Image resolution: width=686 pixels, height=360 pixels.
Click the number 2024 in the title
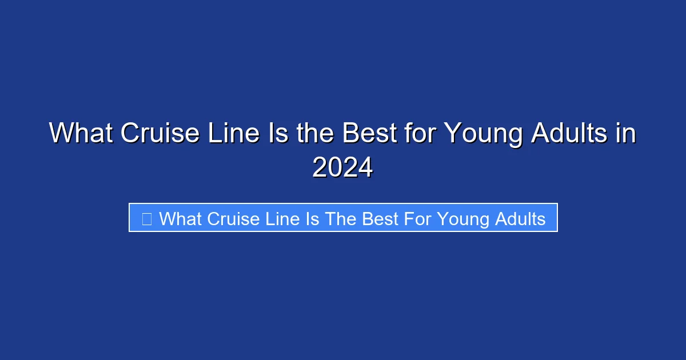(x=342, y=167)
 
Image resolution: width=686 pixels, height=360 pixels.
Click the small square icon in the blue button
(x=146, y=218)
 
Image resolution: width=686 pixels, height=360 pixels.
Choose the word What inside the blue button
(x=181, y=218)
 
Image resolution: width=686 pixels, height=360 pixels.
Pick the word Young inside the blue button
(x=461, y=219)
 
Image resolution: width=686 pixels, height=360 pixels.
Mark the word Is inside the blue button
(x=313, y=218)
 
